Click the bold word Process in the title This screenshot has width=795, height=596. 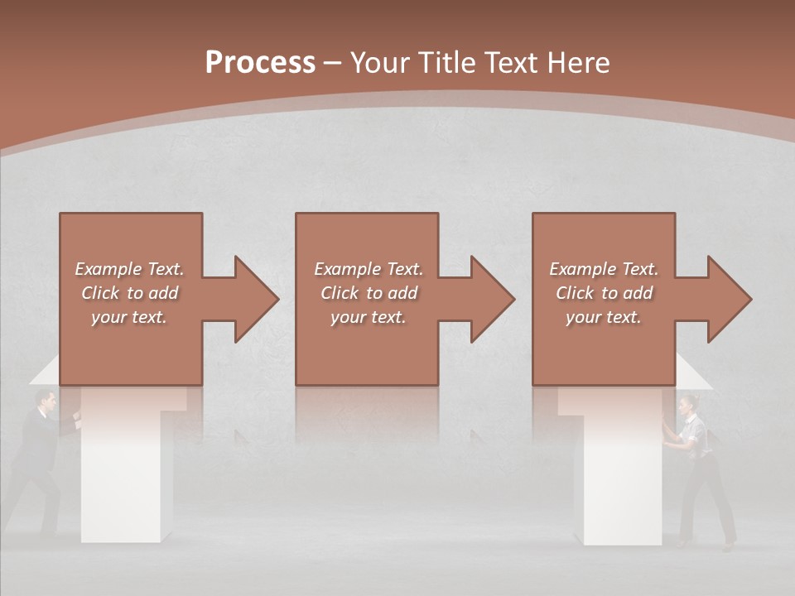pyautogui.click(x=260, y=63)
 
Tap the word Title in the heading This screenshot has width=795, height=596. pyautogui.click(x=448, y=63)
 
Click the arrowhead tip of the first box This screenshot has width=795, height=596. pyautogui.click(x=275, y=299)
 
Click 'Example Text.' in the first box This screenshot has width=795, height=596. pyautogui.click(x=130, y=269)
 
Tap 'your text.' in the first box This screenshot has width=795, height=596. pyautogui.click(x=130, y=317)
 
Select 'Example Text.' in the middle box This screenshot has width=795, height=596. pyautogui.click(x=369, y=269)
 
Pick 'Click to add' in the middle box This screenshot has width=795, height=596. pyautogui.click(x=369, y=293)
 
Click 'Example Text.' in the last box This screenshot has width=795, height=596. pyautogui.click(x=604, y=269)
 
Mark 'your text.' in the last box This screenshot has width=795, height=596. pyautogui.click(x=604, y=317)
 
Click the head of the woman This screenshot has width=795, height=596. pyautogui.click(x=687, y=406)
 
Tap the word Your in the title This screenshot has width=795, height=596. pyautogui.click(x=379, y=63)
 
